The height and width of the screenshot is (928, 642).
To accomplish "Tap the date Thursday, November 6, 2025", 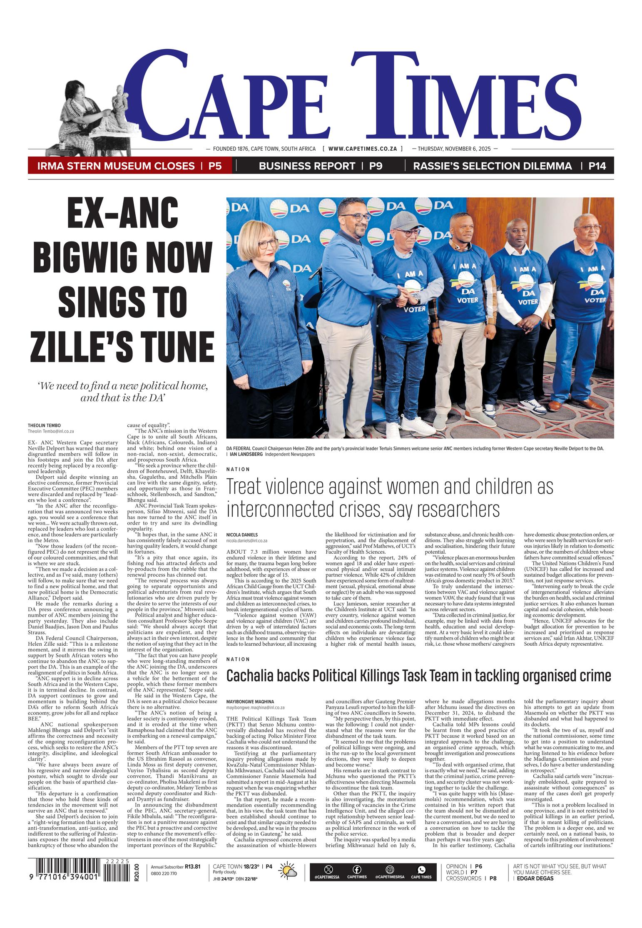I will [x=454, y=149].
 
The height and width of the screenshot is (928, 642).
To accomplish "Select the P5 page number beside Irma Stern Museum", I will [x=215, y=166].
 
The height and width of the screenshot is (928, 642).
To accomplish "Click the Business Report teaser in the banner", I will [x=307, y=166].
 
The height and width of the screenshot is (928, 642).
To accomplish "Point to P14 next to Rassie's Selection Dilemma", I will [x=597, y=166].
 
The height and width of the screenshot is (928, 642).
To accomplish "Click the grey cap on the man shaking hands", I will [x=401, y=219].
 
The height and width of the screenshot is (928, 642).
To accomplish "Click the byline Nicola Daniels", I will [x=241, y=534].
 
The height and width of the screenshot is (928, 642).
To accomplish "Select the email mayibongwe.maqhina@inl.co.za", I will [x=255, y=707].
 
